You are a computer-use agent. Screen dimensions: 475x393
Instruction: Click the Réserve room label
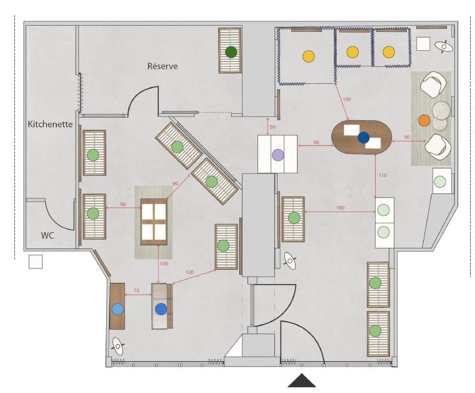[162, 66]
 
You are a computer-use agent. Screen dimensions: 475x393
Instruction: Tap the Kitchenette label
[50, 125]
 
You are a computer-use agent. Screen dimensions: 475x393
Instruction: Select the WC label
[47, 236]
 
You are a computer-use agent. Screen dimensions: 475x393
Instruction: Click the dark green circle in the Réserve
[231, 53]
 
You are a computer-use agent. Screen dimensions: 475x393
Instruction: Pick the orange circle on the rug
[424, 120]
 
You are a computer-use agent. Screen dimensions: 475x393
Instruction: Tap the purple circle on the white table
[277, 155]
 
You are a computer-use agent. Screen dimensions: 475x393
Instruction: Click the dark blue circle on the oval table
[364, 138]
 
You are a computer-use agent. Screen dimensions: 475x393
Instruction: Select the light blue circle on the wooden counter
[117, 309]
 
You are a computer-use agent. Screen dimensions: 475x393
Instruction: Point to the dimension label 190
[340, 208]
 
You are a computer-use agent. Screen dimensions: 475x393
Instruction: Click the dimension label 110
[382, 175]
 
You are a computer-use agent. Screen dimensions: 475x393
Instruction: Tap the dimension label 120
[189, 272]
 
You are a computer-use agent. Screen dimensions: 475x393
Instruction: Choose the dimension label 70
[136, 290]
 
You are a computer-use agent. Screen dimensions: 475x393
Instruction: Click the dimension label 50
[272, 127]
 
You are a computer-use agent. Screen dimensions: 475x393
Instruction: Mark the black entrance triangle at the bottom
[302, 381]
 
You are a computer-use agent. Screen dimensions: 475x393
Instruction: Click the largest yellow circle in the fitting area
[309, 56]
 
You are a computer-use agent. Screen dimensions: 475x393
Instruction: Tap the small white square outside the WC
[36, 262]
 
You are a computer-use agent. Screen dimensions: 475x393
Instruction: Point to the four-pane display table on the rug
[154, 222]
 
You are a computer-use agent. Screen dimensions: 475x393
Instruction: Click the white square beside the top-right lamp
[423, 44]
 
